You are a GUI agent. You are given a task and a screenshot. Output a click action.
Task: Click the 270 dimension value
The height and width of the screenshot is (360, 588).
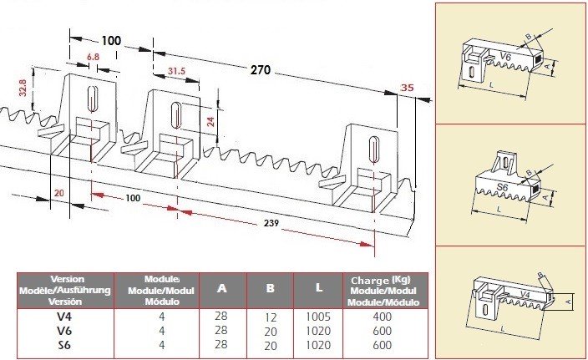pyautogui.click(x=261, y=70)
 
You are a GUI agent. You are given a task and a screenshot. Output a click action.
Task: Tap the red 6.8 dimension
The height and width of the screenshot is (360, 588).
pyautogui.click(x=93, y=57)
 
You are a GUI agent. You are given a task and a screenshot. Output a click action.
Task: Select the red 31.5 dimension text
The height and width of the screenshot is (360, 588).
pyautogui.click(x=176, y=71)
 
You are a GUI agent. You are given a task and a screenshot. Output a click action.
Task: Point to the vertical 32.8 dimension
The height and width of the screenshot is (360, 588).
pyautogui.click(x=23, y=88)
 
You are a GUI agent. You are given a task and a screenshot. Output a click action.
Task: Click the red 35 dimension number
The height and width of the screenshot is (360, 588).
pyautogui.click(x=408, y=88)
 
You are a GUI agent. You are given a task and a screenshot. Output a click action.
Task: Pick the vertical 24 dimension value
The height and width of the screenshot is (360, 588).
pyautogui.click(x=210, y=121)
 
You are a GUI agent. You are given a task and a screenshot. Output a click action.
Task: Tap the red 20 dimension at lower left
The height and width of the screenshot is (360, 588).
pyautogui.click(x=58, y=193)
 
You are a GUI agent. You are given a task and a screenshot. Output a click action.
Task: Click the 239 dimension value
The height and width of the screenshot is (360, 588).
pyautogui.click(x=271, y=223)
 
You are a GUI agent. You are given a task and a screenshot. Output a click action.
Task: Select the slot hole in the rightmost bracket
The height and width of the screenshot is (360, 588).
pyautogui.click(x=373, y=150)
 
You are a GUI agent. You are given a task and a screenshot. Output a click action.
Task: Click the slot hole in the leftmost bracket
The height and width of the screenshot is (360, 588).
pyautogui.click(x=92, y=99)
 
